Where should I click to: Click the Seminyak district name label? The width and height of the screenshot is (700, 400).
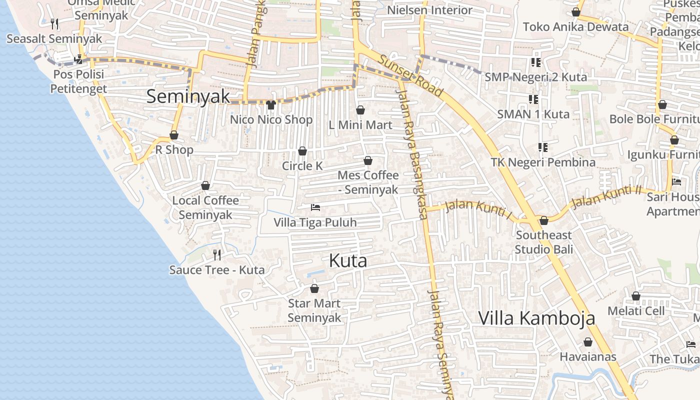(x=188, y=96)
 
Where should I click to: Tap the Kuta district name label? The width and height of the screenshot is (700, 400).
(x=348, y=260)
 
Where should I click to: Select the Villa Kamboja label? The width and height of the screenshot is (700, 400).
(x=536, y=318)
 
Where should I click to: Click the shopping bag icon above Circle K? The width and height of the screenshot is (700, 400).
(x=302, y=151)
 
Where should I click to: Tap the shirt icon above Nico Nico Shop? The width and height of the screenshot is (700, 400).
(x=271, y=104)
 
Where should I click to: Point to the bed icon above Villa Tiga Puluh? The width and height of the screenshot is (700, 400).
(x=315, y=207)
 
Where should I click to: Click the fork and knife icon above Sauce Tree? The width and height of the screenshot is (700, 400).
(x=217, y=255)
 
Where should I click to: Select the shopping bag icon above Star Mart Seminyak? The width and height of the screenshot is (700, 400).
(x=314, y=288)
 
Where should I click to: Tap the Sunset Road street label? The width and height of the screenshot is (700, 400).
(x=410, y=75)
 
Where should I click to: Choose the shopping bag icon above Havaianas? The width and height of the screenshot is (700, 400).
(x=588, y=342)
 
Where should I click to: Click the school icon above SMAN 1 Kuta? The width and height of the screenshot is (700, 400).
(x=533, y=99)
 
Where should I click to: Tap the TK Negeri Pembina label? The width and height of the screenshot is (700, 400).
(x=543, y=162)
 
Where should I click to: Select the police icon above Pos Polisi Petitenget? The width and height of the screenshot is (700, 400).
(x=78, y=59)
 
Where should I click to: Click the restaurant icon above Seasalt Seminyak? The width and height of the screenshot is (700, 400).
(x=54, y=23)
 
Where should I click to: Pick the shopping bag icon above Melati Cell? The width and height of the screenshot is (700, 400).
(x=636, y=296)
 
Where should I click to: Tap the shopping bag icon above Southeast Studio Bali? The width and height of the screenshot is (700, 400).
(x=544, y=220)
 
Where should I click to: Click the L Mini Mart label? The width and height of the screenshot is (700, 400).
(x=360, y=125)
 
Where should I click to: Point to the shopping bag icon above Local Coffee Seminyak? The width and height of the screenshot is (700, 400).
(x=205, y=185)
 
